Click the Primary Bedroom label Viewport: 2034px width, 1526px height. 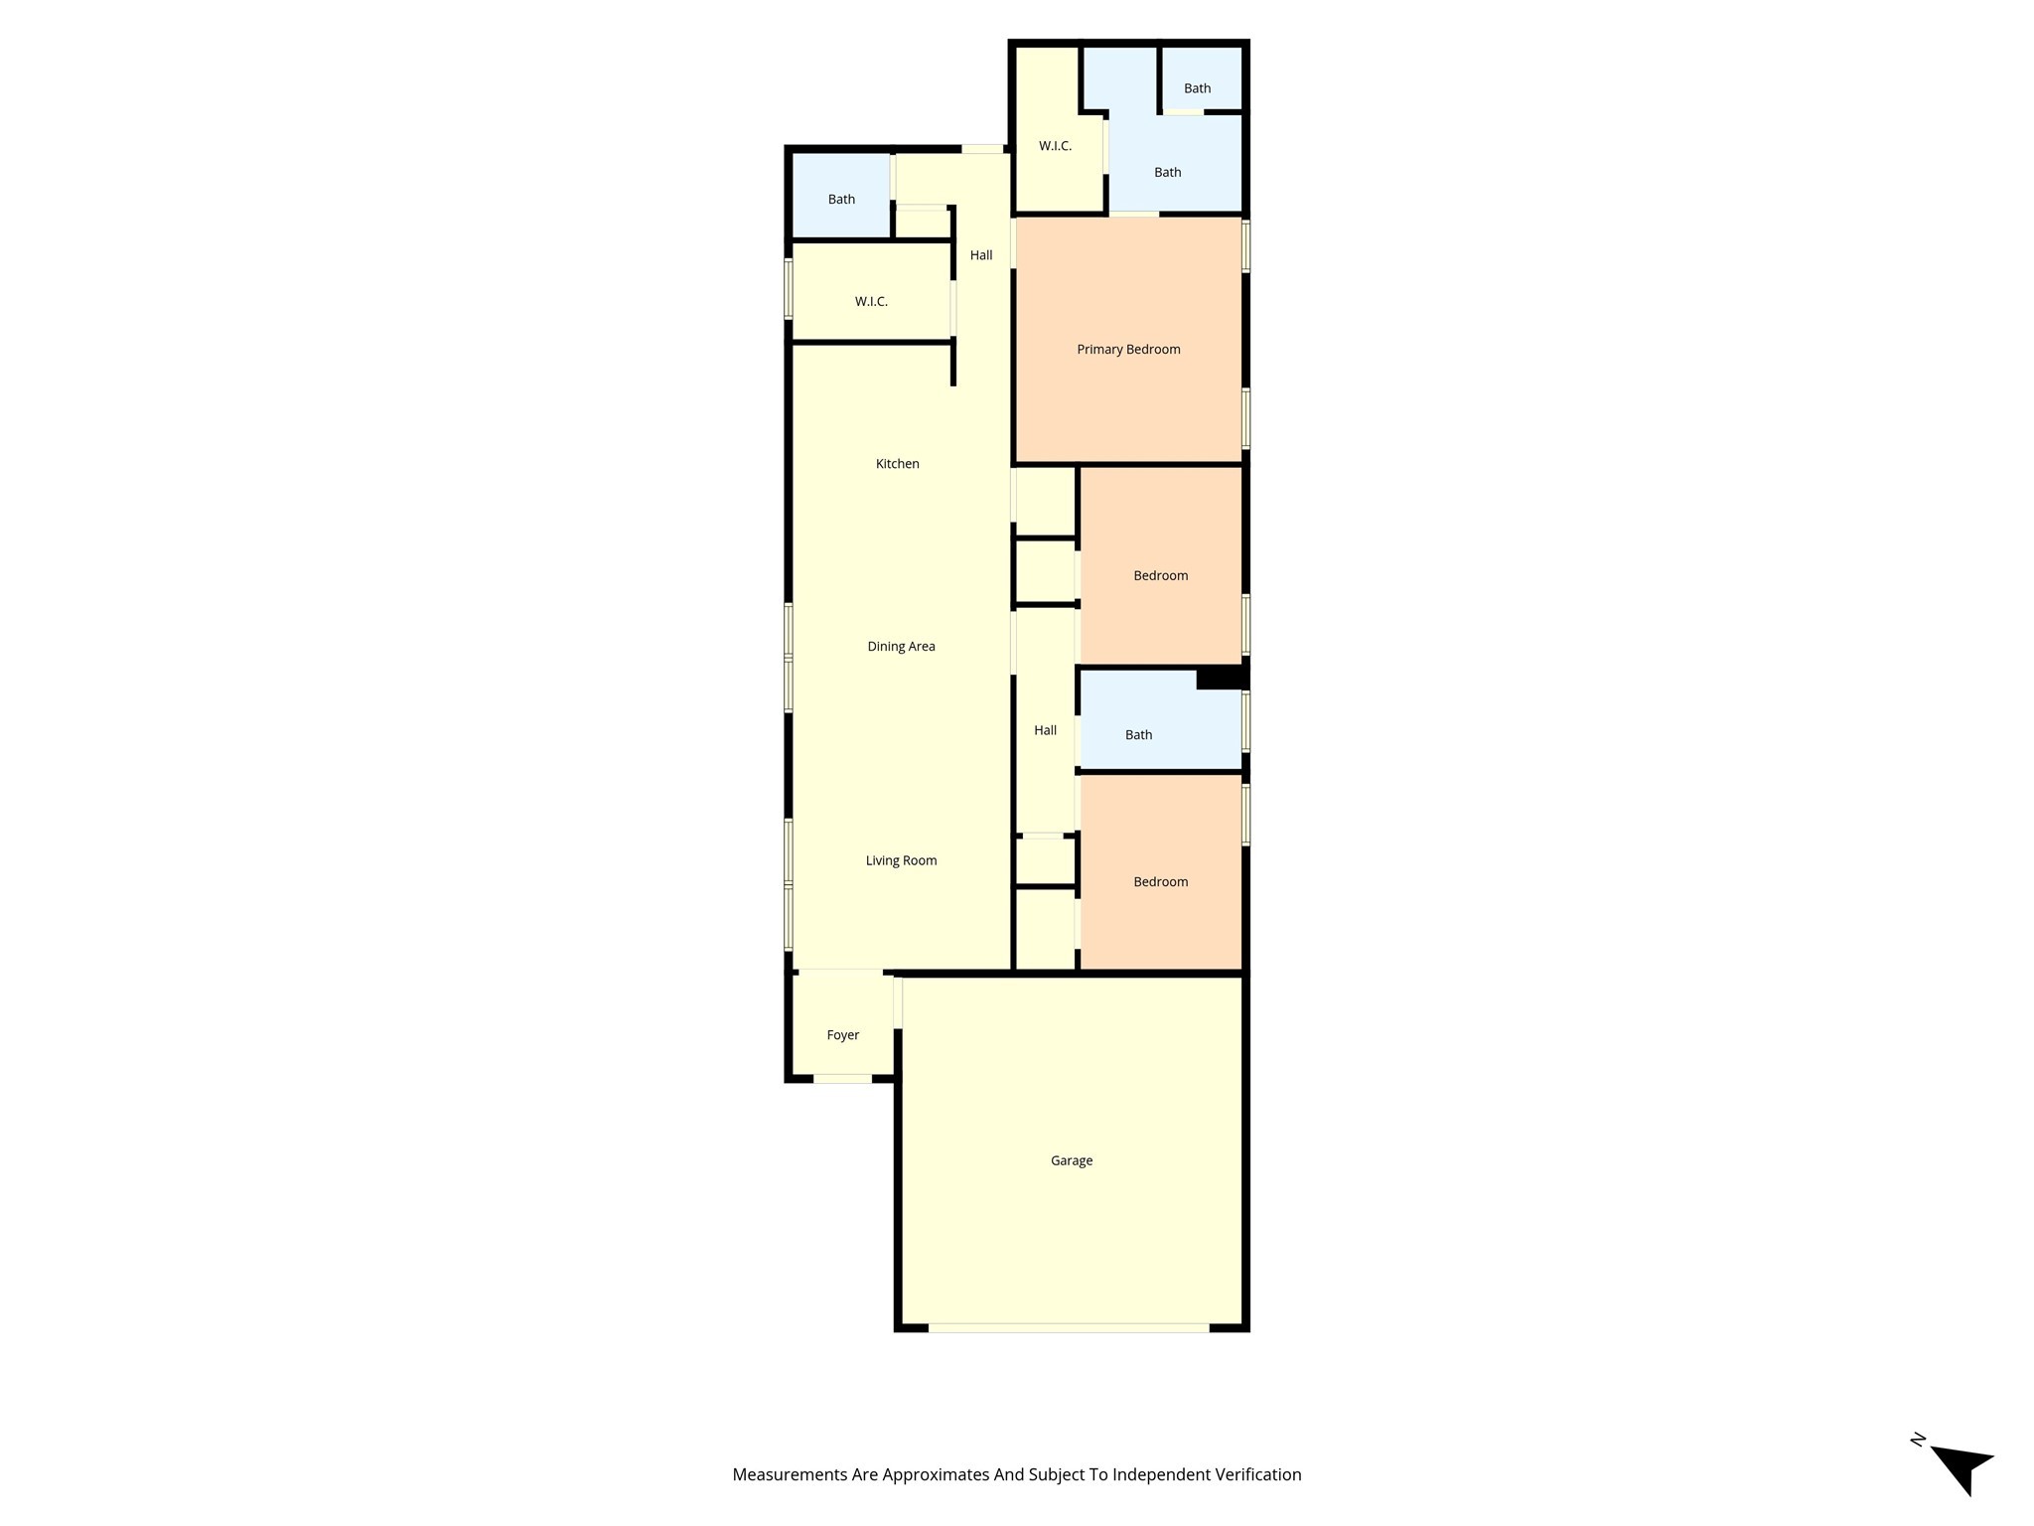[x=1128, y=350]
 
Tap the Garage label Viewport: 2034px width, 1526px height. [x=1072, y=1160]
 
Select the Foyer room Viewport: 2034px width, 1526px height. [x=843, y=1024]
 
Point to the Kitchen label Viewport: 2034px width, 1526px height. [x=898, y=464]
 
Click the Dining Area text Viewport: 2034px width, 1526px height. [x=901, y=647]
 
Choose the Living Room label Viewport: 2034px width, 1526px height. [x=901, y=861]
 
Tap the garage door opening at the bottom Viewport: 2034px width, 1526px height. [x=1069, y=1327]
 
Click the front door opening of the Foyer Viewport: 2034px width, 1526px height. [x=843, y=1078]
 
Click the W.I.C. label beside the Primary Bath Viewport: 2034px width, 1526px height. [x=1055, y=147]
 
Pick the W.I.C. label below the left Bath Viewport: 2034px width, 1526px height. [x=871, y=302]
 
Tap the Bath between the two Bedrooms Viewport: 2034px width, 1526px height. [x=1159, y=721]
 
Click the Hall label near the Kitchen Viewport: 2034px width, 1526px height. [x=981, y=255]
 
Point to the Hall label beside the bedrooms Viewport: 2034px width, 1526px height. [x=1045, y=730]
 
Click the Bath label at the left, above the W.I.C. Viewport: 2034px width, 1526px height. [x=841, y=200]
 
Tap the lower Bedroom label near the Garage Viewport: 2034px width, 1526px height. [x=1160, y=882]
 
